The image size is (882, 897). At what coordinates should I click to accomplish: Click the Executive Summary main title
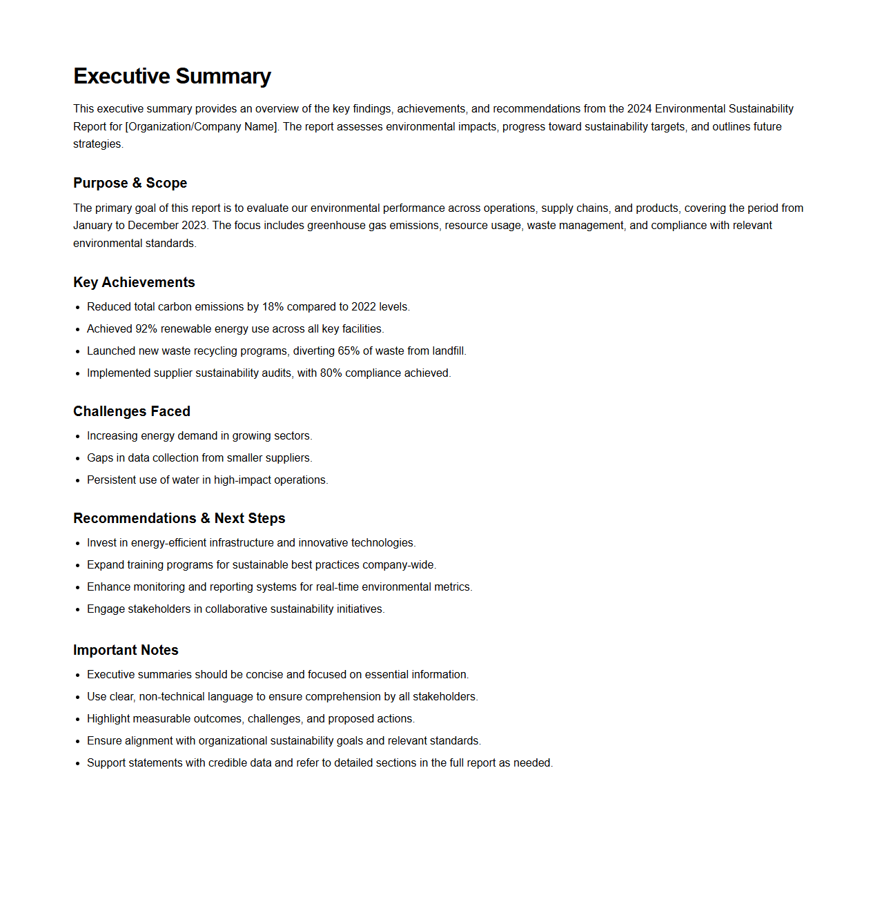172,76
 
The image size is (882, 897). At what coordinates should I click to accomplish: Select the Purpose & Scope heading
130,183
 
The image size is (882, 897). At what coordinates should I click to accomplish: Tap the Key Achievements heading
134,282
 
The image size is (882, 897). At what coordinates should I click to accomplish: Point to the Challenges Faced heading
131,411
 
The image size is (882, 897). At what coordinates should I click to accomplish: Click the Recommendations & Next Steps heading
179,518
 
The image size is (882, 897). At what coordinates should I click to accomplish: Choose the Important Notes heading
126,650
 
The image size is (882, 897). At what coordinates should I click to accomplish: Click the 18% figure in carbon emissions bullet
273,307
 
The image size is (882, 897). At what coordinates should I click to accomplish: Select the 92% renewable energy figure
146,329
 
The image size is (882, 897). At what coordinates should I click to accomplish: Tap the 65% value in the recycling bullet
349,351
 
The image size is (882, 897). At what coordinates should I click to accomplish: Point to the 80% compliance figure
331,373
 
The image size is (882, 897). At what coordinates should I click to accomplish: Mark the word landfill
449,351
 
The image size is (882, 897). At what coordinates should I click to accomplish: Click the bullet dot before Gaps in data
78,458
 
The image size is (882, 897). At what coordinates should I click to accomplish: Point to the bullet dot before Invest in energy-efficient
78,543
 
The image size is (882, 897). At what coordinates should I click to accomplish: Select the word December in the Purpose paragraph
153,226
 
